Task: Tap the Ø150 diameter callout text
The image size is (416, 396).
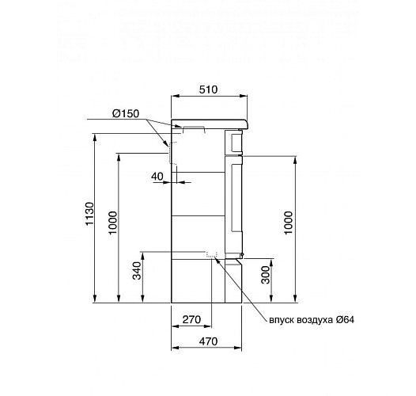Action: [x=125, y=114]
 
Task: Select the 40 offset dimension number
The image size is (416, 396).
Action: [x=157, y=176]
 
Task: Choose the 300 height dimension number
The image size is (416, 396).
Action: [x=267, y=275]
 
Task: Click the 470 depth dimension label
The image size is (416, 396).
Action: [x=207, y=341]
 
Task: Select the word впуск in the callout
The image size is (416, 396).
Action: [x=283, y=320]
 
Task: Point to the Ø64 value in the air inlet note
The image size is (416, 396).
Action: [x=345, y=320]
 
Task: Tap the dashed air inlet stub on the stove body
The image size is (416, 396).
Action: [x=211, y=255]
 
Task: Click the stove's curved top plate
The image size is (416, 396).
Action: [x=210, y=124]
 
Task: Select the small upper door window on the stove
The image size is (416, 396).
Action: [x=236, y=141]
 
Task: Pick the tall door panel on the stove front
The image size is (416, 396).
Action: [x=235, y=202]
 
